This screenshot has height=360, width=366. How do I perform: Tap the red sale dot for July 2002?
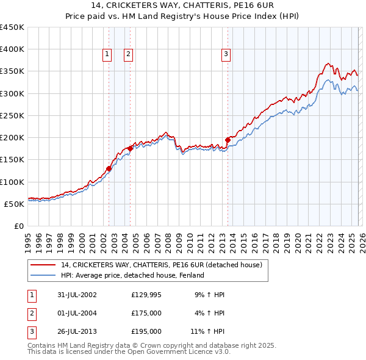(x=109, y=169)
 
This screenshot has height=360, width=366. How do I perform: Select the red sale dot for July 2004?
(x=131, y=148)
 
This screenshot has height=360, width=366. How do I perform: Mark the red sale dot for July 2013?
(x=228, y=140)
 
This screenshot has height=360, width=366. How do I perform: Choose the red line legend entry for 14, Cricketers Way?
(x=162, y=265)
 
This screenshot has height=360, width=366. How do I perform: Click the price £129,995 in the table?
(x=147, y=295)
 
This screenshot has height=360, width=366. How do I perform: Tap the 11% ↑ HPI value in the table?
(x=207, y=331)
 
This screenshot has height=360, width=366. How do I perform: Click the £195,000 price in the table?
(x=146, y=331)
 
